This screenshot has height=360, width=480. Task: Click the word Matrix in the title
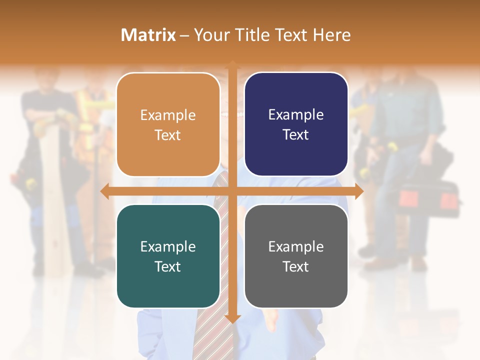tap(148, 35)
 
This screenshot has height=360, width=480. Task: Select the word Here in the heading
tap(331, 35)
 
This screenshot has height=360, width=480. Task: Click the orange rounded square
tap(168, 124)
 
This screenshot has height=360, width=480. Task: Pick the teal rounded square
tap(168, 256)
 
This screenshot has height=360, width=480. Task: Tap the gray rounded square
tap(296, 256)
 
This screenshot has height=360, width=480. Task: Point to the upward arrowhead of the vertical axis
tap(232, 64)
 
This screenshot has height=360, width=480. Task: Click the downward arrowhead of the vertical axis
tap(232, 318)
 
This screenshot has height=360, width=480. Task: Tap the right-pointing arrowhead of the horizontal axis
tap(359, 191)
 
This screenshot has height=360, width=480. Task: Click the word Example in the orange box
tap(168, 115)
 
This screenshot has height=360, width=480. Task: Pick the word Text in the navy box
tap(296, 134)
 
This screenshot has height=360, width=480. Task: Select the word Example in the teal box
tap(168, 247)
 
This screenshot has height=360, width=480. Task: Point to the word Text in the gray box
tap(296, 266)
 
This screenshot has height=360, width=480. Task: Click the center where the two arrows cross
tap(232, 191)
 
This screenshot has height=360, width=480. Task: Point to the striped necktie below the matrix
tap(212, 330)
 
